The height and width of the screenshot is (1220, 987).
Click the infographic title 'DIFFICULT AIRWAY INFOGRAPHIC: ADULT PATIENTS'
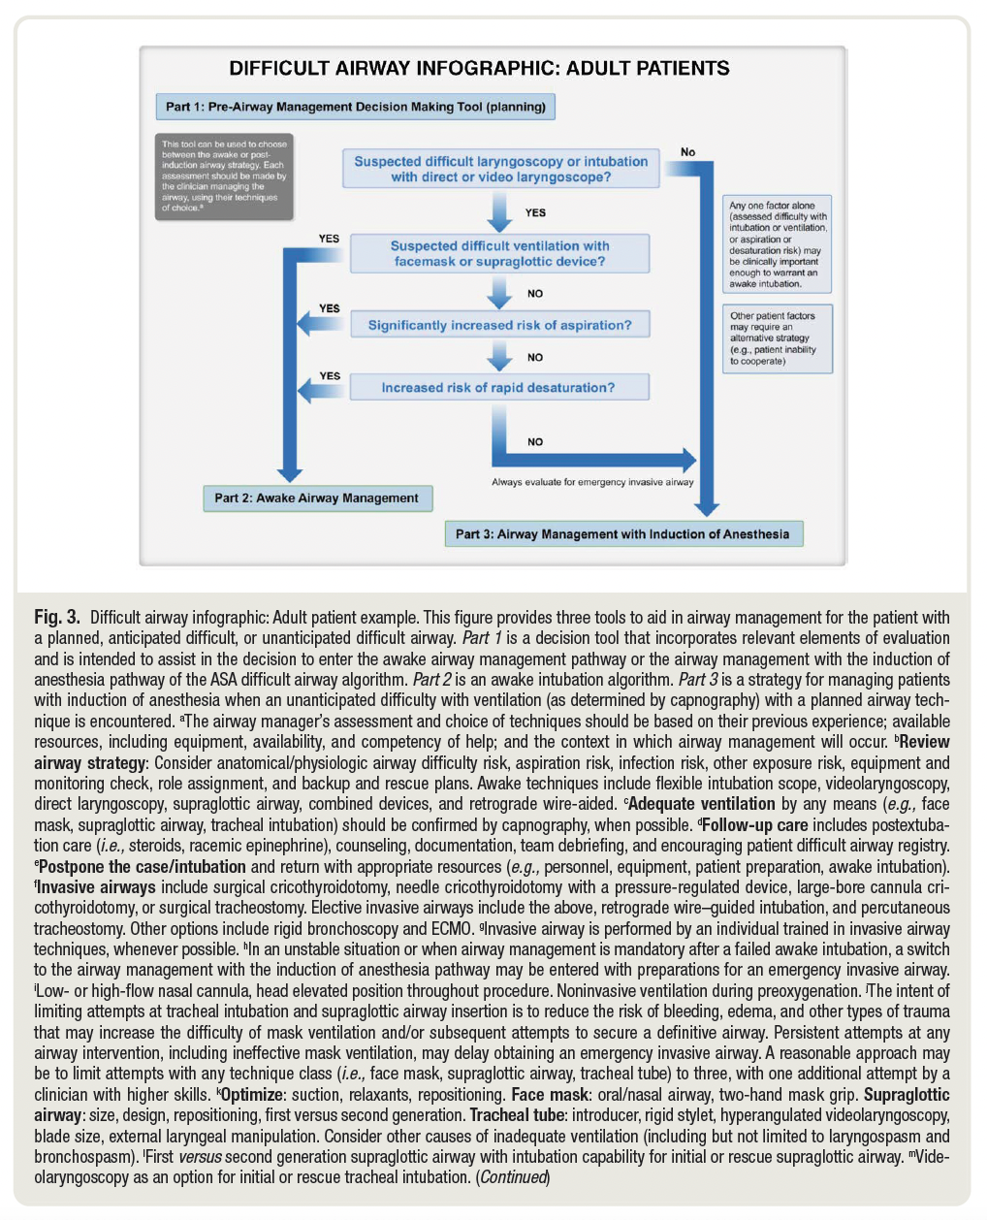(479, 69)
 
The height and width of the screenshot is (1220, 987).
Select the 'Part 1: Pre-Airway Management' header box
(355, 107)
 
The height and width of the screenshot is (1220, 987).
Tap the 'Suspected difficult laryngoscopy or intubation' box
(500, 169)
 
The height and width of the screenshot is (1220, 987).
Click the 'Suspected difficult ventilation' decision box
(499, 253)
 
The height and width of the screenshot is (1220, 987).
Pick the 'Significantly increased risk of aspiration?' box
(499, 325)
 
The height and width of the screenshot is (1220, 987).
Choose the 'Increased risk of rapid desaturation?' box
(498, 388)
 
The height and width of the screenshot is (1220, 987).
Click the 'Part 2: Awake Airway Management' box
(317, 498)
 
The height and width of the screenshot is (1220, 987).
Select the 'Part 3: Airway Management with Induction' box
(622, 533)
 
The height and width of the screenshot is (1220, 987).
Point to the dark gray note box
(224, 176)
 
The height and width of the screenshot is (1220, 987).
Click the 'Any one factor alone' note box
(778, 244)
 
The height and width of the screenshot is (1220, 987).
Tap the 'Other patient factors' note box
(778, 338)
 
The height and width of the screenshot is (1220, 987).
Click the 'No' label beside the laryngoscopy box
(687, 151)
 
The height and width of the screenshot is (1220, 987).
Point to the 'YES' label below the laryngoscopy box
(535, 212)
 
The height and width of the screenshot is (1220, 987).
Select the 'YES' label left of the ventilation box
(330, 239)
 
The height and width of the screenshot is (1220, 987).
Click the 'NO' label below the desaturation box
(535, 441)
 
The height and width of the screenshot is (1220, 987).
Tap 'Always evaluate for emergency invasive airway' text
(592, 482)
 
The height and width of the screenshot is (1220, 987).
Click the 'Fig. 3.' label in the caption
(56, 617)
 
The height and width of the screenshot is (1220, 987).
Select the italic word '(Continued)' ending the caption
(513, 1177)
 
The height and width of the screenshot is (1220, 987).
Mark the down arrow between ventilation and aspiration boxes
(499, 292)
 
